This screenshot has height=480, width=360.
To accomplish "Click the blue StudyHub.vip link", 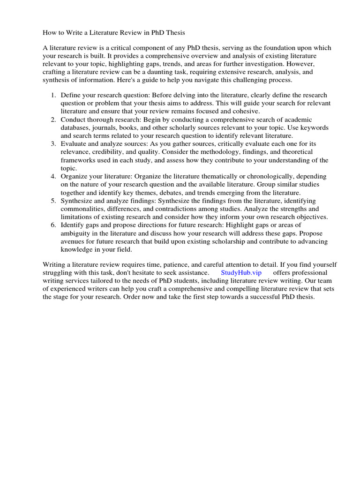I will pyautogui.click(x=241, y=272).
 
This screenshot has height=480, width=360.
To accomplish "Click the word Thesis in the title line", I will pyautogui.click(x=175, y=33).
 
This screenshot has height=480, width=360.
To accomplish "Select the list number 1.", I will pyautogui.click(x=53, y=95).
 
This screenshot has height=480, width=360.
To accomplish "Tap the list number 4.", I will pyautogui.click(x=53, y=176).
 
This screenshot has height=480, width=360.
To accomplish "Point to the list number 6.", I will pyautogui.click(x=53, y=225).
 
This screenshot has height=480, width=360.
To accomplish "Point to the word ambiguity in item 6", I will pyautogui.click(x=76, y=233).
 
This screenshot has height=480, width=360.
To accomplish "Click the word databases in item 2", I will pyautogui.click(x=76, y=127).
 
